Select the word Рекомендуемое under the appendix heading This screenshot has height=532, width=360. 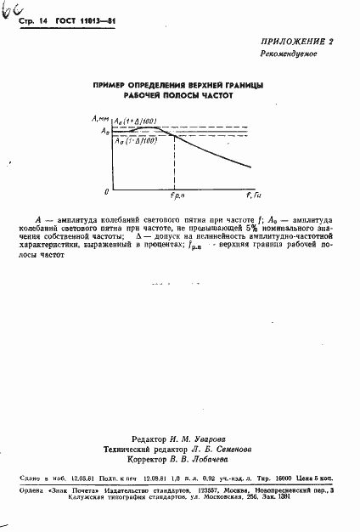pyautogui.click(x=289, y=54)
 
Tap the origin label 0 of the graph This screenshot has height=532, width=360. pyautogui.click(x=106, y=190)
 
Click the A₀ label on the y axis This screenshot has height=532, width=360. pyautogui.click(x=104, y=131)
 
